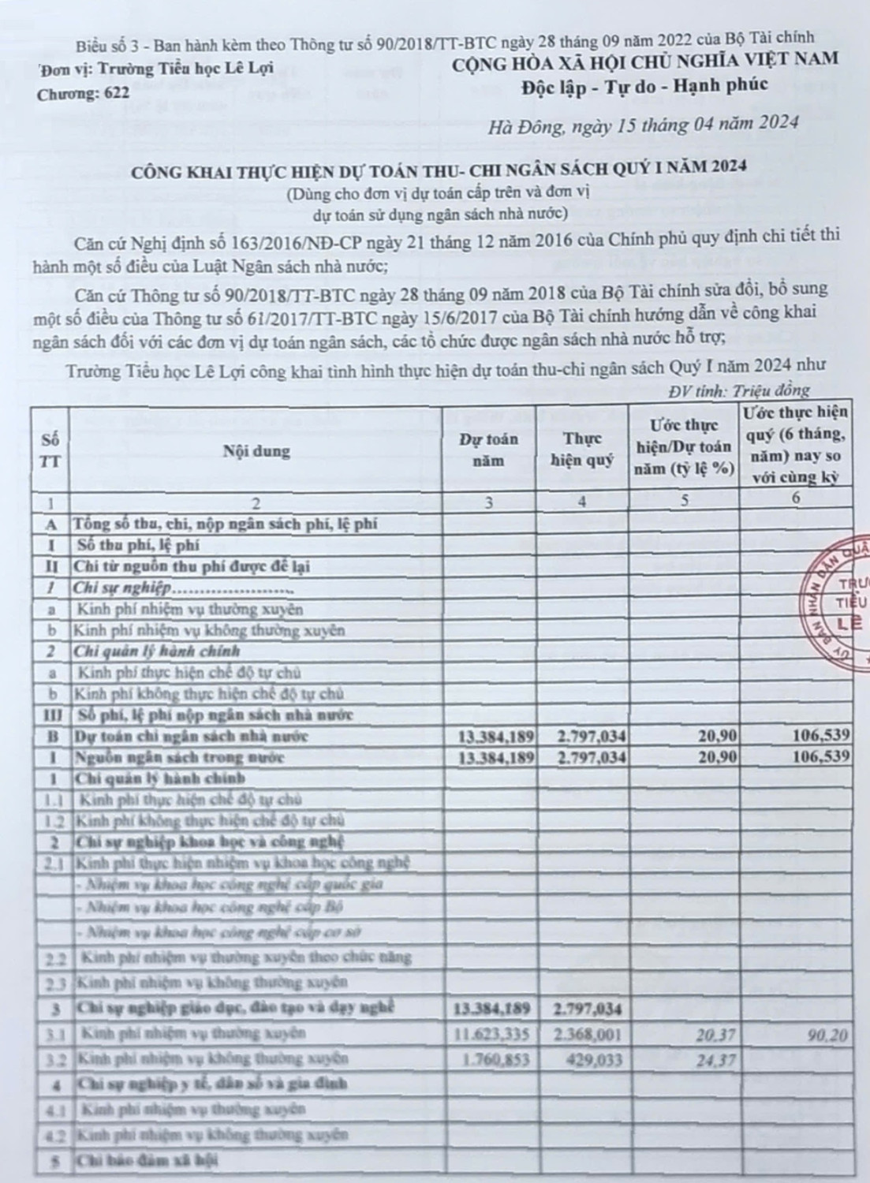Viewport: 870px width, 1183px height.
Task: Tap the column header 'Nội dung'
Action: (x=256, y=452)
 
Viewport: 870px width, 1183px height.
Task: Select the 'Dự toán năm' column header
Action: (x=489, y=450)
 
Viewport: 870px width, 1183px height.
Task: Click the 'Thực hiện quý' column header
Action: (x=582, y=450)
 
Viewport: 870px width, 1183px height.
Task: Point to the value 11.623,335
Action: (x=491, y=1034)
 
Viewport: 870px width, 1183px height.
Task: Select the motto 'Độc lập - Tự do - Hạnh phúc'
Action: (x=644, y=85)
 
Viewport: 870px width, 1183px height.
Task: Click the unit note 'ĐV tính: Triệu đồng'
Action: (x=738, y=390)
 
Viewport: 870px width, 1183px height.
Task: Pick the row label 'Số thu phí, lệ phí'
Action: (x=137, y=544)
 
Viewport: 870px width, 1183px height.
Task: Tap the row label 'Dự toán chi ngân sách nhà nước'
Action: (x=191, y=736)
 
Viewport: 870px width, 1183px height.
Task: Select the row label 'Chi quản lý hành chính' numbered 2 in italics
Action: (x=156, y=651)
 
